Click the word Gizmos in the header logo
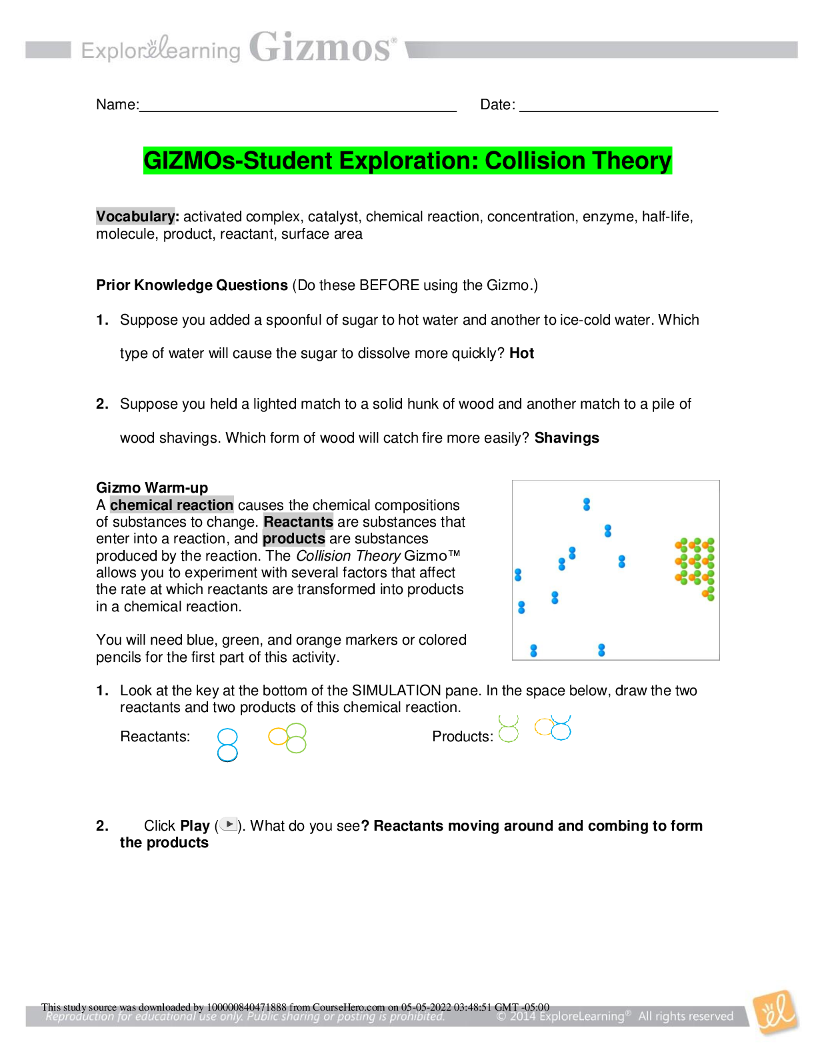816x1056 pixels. (x=320, y=48)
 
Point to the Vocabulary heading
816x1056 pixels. (x=135, y=216)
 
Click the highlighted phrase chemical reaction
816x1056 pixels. (x=171, y=505)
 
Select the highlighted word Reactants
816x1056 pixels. (x=298, y=521)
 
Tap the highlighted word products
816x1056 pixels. (x=294, y=539)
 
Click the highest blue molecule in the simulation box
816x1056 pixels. (x=587, y=504)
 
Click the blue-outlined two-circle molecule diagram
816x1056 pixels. (x=227, y=745)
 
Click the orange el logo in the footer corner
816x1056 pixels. (x=775, y=1013)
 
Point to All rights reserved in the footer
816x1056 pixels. (x=685, y=1017)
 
